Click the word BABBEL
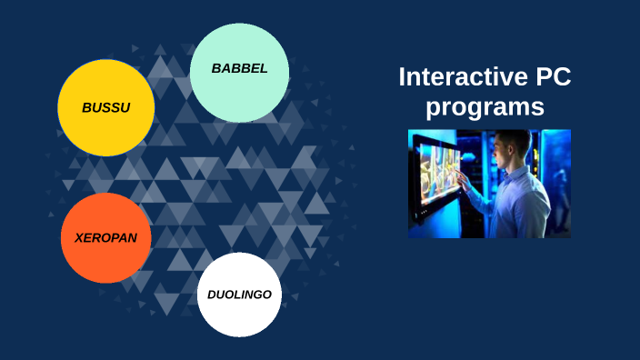(239, 68)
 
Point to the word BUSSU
(105, 107)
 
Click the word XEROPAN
(105, 237)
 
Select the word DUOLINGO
(239, 295)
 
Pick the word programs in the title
(485, 106)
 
